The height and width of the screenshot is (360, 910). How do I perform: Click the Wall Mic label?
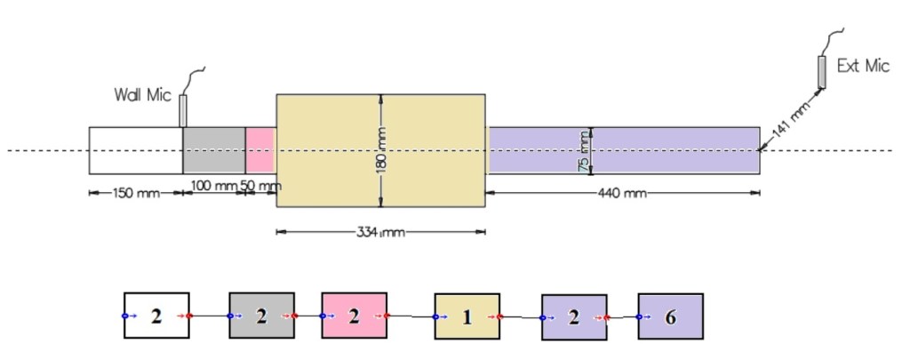142,94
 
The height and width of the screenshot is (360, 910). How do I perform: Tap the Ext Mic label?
863,67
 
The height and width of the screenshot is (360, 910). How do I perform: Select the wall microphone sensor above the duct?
184,110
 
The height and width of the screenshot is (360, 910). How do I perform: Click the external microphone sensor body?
822,71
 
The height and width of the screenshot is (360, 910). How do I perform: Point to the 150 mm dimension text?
136,194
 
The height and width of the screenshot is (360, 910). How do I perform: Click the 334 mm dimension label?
380,233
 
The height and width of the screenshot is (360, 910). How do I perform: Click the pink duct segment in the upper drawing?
259,150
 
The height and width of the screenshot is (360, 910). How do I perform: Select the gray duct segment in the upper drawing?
214,150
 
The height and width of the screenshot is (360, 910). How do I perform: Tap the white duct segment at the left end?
135,150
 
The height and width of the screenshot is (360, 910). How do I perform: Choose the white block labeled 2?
156,316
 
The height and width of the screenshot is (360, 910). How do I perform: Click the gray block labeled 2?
261,316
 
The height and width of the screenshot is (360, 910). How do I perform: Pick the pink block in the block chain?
354,316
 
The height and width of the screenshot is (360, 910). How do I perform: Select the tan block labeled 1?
467,316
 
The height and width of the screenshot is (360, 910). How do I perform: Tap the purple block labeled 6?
670,316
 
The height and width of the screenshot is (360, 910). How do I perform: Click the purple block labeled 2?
573,317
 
